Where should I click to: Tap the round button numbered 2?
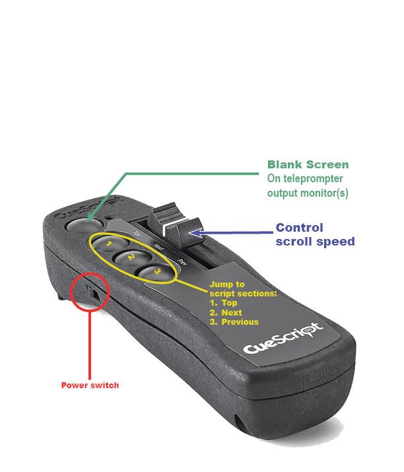(x=131, y=256)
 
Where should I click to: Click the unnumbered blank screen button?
(x=80, y=225)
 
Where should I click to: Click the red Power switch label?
(x=90, y=385)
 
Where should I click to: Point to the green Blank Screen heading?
(x=308, y=164)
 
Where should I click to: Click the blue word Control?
(x=299, y=228)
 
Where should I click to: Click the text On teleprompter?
(x=306, y=179)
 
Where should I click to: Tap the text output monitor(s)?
(x=308, y=193)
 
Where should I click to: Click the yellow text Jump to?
(x=226, y=284)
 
